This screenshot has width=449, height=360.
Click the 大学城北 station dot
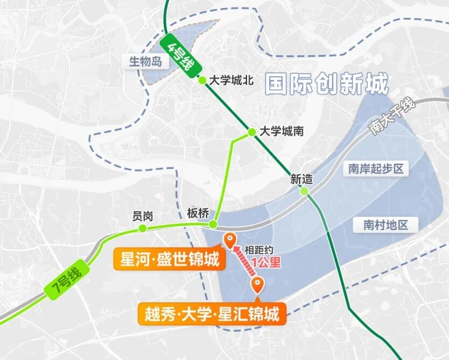click(x=202, y=80)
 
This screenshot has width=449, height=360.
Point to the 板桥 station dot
click(x=214, y=224)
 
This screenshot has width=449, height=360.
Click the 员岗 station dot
click(x=143, y=229)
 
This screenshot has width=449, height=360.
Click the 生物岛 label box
click(x=145, y=61)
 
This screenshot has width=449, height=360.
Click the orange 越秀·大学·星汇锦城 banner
click(x=213, y=314)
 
